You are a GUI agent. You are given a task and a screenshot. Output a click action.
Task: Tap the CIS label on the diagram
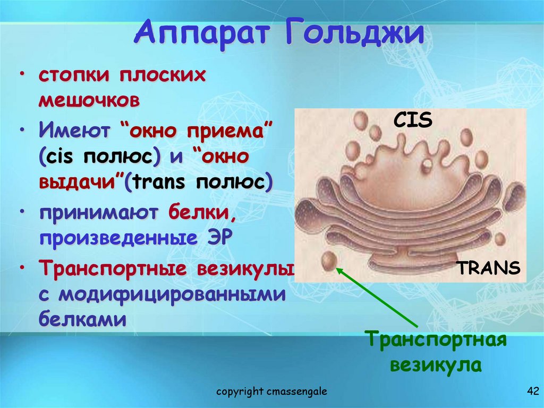click(x=413, y=120)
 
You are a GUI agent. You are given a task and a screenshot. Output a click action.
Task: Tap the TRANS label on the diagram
click(x=488, y=268)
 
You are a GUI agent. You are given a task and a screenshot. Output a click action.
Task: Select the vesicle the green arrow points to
click(x=328, y=261)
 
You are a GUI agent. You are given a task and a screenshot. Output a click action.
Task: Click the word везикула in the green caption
click(x=436, y=365)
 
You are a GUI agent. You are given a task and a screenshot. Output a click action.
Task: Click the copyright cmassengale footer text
click(x=271, y=392)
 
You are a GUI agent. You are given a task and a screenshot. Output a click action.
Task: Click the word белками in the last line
click(x=82, y=320)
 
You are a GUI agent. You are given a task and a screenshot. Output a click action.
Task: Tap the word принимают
click(x=99, y=213)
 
